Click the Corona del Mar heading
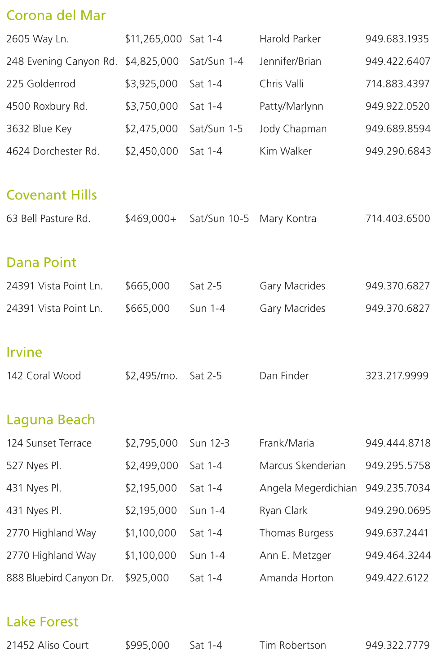pyautogui.click(x=56, y=16)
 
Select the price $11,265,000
pyautogui.click(x=153, y=39)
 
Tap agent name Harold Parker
pyautogui.click(x=290, y=39)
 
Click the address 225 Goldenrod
pyautogui.click(x=41, y=84)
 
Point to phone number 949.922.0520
pyautogui.click(x=397, y=106)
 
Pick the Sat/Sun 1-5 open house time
pyautogui.click(x=216, y=129)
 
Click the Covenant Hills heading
pyautogui.click(x=52, y=195)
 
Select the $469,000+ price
pyautogui.click(x=151, y=219)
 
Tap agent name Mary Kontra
pyautogui.click(x=288, y=219)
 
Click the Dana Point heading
pyautogui.click(x=41, y=263)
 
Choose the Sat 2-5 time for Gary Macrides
pyautogui.click(x=206, y=286)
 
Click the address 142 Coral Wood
pyautogui.click(x=44, y=376)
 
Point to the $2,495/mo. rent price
pyautogui.click(x=151, y=376)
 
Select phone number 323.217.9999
pyautogui.click(x=397, y=376)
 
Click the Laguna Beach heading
pyautogui.click(x=51, y=420)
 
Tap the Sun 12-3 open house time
pyautogui.click(x=209, y=443)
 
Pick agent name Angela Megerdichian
pyautogui.click(x=308, y=488)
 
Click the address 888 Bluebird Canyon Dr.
pyautogui.click(x=60, y=578)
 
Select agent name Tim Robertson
pyautogui.click(x=293, y=645)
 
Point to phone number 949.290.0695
pyautogui.click(x=398, y=511)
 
